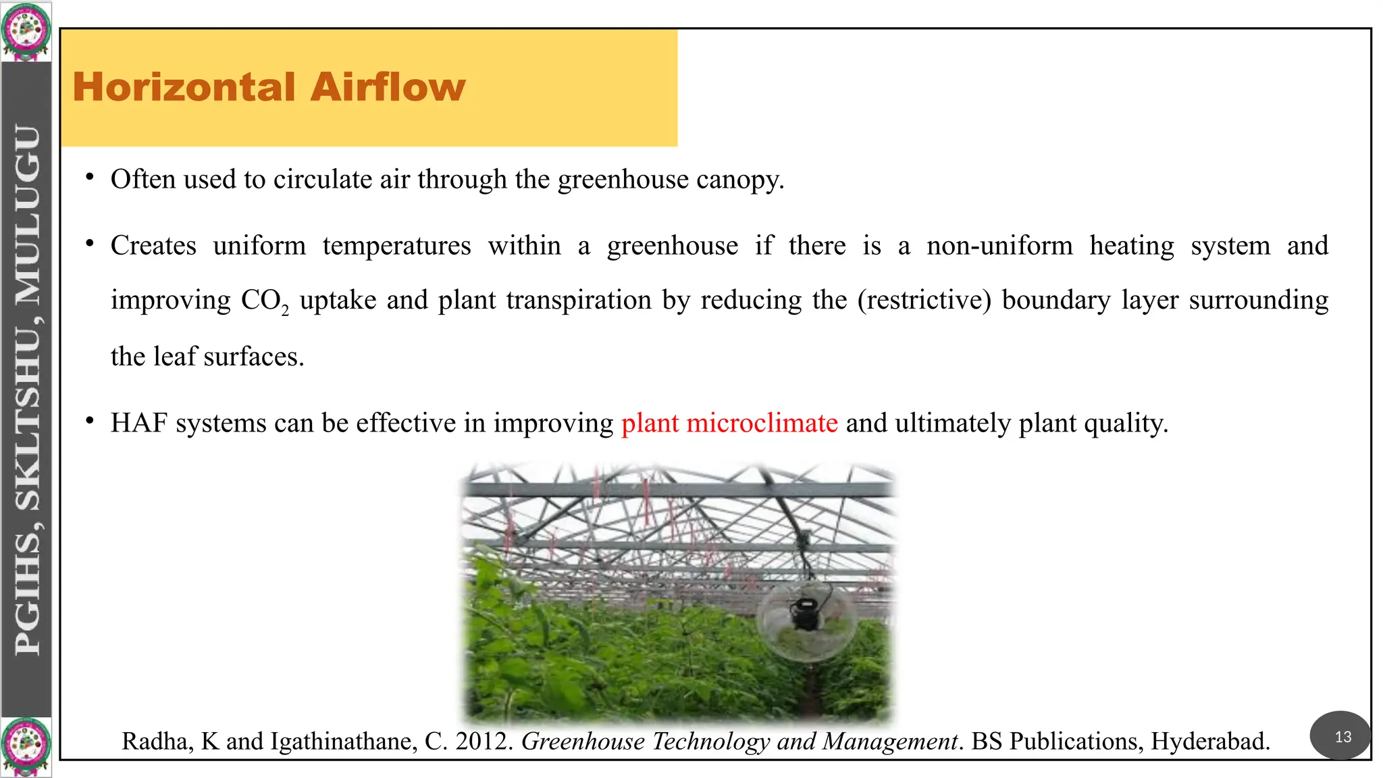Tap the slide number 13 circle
[x=1342, y=736]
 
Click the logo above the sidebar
[x=26, y=31]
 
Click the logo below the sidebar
[x=26, y=747]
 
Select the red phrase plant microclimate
[x=729, y=423]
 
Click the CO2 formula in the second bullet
[x=264, y=301]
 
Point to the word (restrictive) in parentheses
[x=924, y=300]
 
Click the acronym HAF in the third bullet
[x=138, y=423]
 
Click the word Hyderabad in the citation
[x=1209, y=742]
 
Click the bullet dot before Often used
[x=89, y=178]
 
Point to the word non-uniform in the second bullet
[x=999, y=246]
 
